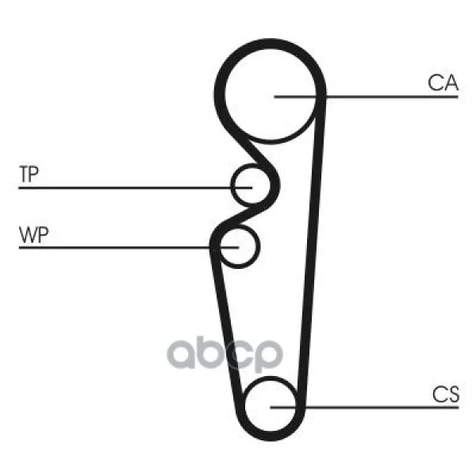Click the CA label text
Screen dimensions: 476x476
coord(443,83)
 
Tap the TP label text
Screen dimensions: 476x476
coord(29,174)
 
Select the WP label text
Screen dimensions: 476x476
coord(33,234)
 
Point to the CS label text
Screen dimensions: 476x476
coord(446,394)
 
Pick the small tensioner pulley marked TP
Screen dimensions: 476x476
coord(251,184)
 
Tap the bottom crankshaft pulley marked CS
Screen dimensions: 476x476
coord(270,406)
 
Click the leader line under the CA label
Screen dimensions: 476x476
coord(366,97)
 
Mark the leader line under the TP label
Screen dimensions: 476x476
coord(136,188)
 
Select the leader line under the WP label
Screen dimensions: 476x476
coord(129,248)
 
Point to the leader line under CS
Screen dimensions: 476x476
coord(365,408)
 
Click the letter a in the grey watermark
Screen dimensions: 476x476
coord(181,354)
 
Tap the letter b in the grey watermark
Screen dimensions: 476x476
coord(210,351)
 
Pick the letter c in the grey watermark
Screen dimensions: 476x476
coord(238,354)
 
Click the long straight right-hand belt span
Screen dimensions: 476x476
coord(311,252)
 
